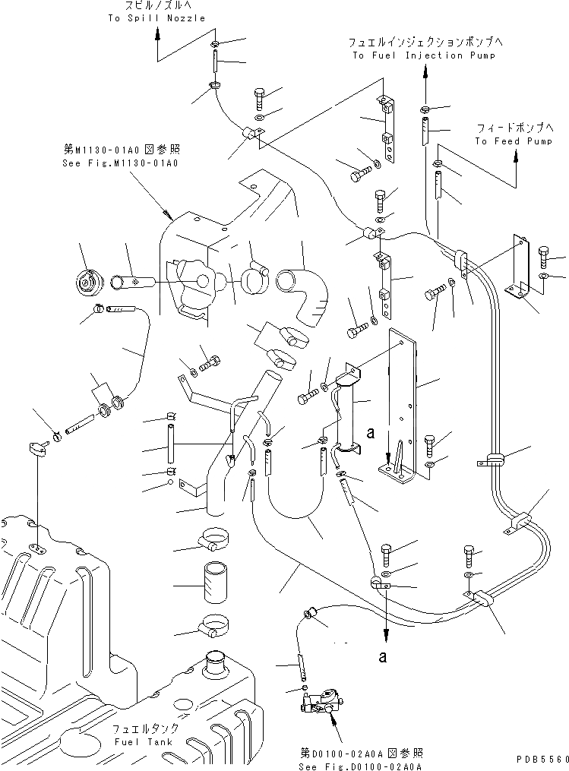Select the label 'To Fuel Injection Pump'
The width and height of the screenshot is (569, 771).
pyautogui.click(x=424, y=55)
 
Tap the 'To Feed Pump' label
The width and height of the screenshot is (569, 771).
pyautogui.click(x=514, y=141)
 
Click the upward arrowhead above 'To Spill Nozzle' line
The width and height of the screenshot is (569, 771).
pyautogui.click(x=158, y=33)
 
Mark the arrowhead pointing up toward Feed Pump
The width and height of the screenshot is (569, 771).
pyautogui.click(x=516, y=156)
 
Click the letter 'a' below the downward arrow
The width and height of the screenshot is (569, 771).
pyautogui.click(x=384, y=656)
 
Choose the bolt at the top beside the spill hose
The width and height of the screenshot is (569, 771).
pyautogui.click(x=258, y=97)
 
